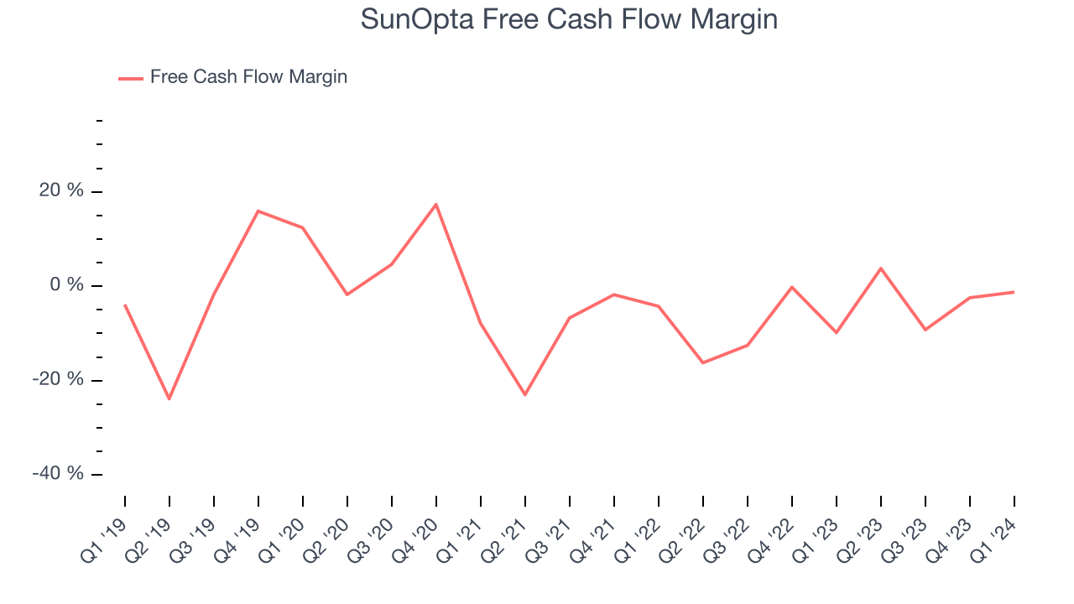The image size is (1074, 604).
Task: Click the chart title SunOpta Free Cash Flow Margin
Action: point(569,19)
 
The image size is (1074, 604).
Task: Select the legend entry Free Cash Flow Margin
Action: point(248,77)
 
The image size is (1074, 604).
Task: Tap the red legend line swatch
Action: point(131,78)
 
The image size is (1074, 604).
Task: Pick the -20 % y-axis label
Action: point(60,380)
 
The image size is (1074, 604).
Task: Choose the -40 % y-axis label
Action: point(60,474)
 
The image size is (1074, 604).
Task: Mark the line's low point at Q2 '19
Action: point(169,398)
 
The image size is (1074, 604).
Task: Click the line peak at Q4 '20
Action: point(436,204)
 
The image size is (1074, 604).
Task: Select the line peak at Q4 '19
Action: point(258,211)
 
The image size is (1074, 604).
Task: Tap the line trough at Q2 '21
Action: point(525,394)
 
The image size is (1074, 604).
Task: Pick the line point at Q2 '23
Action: point(881,268)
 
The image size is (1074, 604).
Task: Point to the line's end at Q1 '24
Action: point(1014,292)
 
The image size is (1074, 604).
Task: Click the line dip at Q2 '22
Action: point(703,362)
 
